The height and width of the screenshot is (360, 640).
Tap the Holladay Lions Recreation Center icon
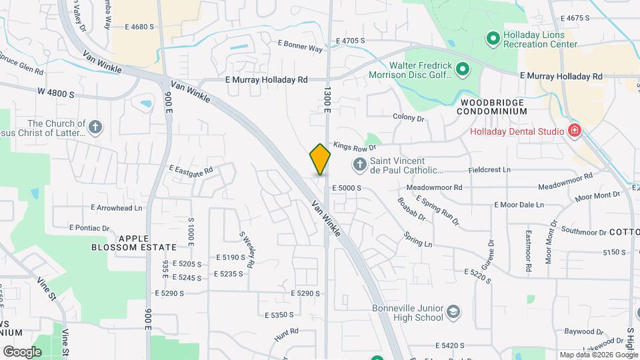pyautogui.click(x=493, y=39)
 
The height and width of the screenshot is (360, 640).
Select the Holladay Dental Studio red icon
pyautogui.click(x=574, y=131)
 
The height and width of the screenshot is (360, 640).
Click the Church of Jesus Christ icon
pyautogui.click(x=95, y=127)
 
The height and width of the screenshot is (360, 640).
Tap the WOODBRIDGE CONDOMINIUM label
pyautogui.click(x=492, y=107)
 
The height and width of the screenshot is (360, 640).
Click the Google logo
pyautogui.click(x=21, y=351)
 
